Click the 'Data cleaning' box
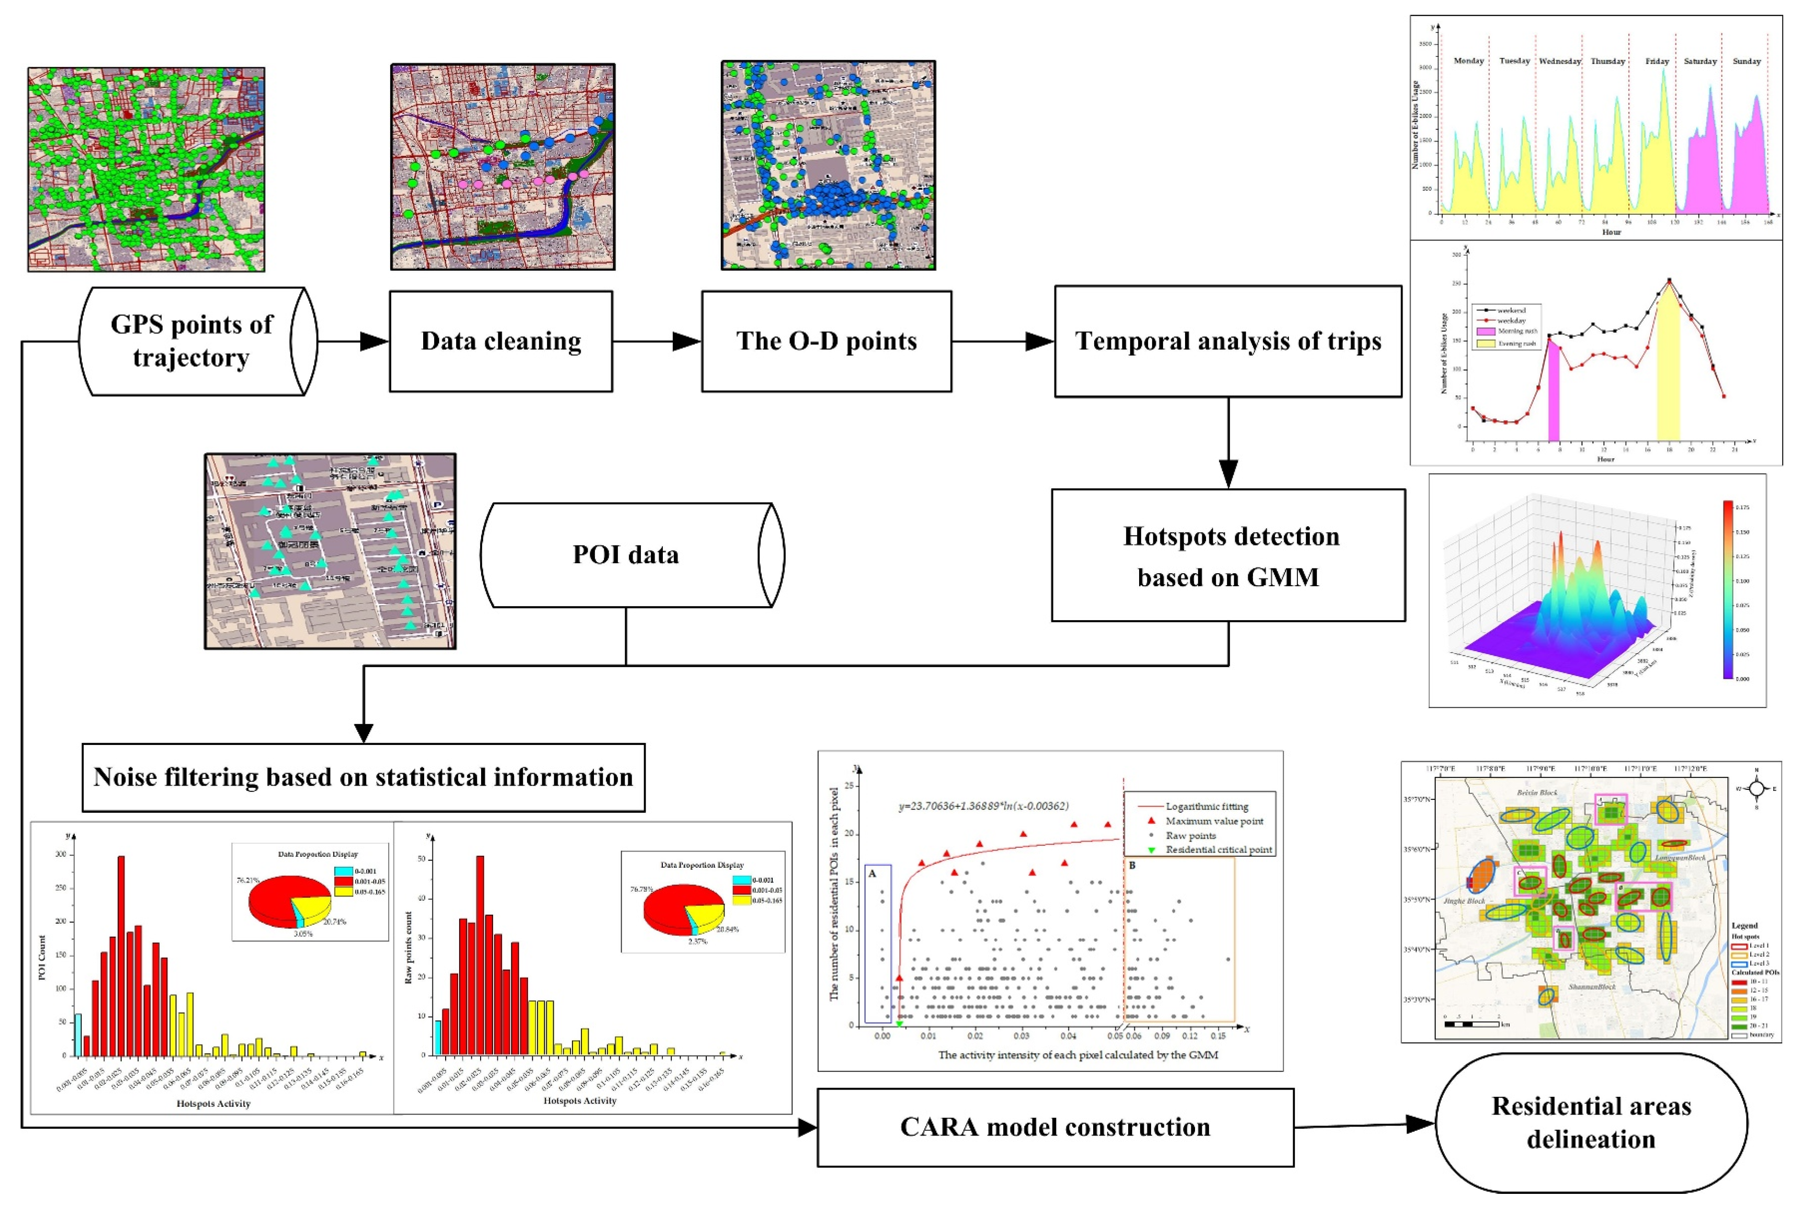coord(501,341)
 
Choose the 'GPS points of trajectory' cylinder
coord(191,341)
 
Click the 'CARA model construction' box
coord(1054,1126)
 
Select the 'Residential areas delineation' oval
coord(1591,1123)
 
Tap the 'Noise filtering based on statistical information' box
coord(363,776)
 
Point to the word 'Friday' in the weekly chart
coord(1657,61)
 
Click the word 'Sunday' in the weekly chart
coord(1746,61)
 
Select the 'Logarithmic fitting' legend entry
coord(1206,806)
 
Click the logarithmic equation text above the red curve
coord(983,806)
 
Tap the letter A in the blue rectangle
coord(873,874)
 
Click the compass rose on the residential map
coord(1756,788)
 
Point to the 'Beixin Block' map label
coord(1537,793)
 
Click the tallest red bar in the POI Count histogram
coord(121,955)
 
